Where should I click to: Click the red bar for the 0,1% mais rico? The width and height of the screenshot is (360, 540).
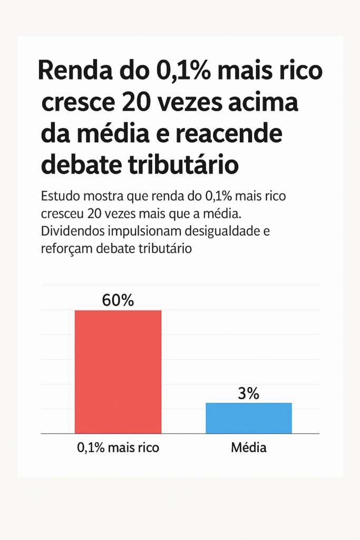[x=118, y=372]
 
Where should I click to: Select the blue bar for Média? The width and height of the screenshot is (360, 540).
[x=248, y=418]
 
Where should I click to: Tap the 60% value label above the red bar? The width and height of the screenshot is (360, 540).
[x=118, y=300]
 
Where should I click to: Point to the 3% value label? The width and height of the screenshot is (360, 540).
[x=248, y=393]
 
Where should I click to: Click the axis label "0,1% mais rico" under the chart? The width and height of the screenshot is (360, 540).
[x=118, y=448]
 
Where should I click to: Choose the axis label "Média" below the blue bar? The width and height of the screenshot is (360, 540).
[x=248, y=448]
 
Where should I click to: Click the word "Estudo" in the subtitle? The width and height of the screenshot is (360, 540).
[x=58, y=197]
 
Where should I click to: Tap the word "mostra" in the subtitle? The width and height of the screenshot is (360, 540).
[x=103, y=197]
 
